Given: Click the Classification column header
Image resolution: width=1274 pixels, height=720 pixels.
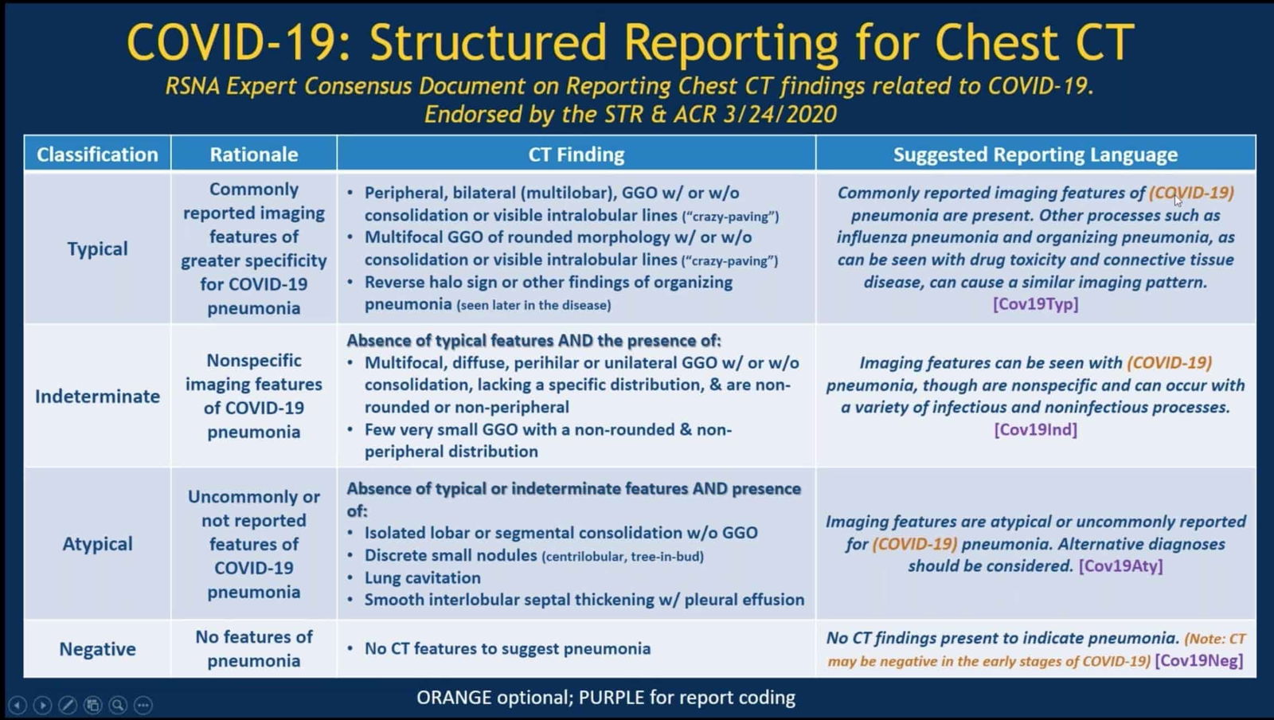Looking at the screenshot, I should pyautogui.click(x=97, y=155).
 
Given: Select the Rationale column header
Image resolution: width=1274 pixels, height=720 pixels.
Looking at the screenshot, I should pyautogui.click(x=253, y=155).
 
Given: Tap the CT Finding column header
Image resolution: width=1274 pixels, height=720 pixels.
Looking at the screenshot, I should pyautogui.click(x=576, y=155).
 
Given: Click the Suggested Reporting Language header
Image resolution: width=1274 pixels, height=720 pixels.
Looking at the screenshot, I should pyautogui.click(x=1035, y=155).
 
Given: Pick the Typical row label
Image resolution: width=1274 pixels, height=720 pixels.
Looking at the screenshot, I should pyautogui.click(x=97, y=248).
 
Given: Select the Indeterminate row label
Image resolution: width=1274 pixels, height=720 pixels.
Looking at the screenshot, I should pyautogui.click(x=97, y=396).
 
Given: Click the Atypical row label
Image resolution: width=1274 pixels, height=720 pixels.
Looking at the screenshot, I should pyautogui.click(x=97, y=544).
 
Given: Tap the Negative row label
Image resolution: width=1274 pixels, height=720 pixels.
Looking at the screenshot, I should pyautogui.click(x=97, y=649).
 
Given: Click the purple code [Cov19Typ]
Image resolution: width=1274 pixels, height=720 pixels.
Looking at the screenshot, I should pyautogui.click(x=1035, y=304).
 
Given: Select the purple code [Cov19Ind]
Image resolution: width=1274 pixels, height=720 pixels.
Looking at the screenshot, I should pyautogui.click(x=1035, y=430).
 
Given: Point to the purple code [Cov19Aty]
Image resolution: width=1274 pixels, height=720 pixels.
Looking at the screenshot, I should pyautogui.click(x=1120, y=566).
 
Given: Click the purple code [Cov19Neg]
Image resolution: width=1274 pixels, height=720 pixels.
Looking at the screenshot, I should pyautogui.click(x=1199, y=661).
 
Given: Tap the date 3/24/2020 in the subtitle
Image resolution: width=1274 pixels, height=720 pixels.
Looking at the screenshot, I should pyautogui.click(x=780, y=115).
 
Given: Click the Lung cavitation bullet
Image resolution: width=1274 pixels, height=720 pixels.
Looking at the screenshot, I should pyautogui.click(x=422, y=578).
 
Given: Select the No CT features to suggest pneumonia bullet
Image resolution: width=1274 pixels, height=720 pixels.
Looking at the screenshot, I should pyautogui.click(x=507, y=649).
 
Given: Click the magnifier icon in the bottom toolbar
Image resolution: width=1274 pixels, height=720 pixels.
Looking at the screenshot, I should pyautogui.click(x=118, y=705).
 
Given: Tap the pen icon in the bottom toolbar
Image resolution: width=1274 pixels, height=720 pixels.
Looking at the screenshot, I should pyautogui.click(x=68, y=705).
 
